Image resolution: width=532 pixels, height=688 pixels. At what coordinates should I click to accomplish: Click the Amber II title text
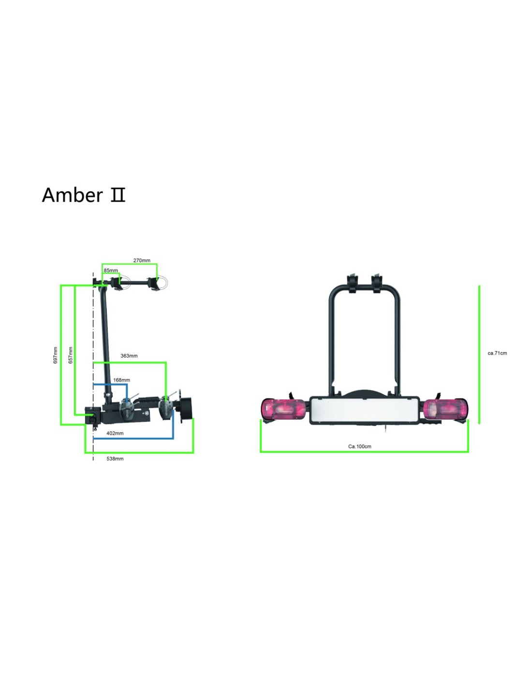83,194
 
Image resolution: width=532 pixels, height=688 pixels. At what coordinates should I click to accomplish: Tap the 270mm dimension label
142,260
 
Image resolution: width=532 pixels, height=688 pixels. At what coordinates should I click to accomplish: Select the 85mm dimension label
111,270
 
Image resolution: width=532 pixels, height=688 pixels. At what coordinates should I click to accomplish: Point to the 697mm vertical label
56,355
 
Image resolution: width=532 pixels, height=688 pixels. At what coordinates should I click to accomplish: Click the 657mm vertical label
71,355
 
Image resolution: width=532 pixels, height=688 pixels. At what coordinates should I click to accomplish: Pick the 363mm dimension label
129,356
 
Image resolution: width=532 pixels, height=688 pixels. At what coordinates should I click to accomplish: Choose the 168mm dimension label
121,380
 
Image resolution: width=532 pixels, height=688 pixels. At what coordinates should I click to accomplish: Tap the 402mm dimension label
115,433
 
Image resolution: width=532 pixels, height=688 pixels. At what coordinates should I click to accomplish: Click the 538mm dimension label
115,459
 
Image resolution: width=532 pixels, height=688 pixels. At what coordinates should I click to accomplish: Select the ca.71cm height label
497,353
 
